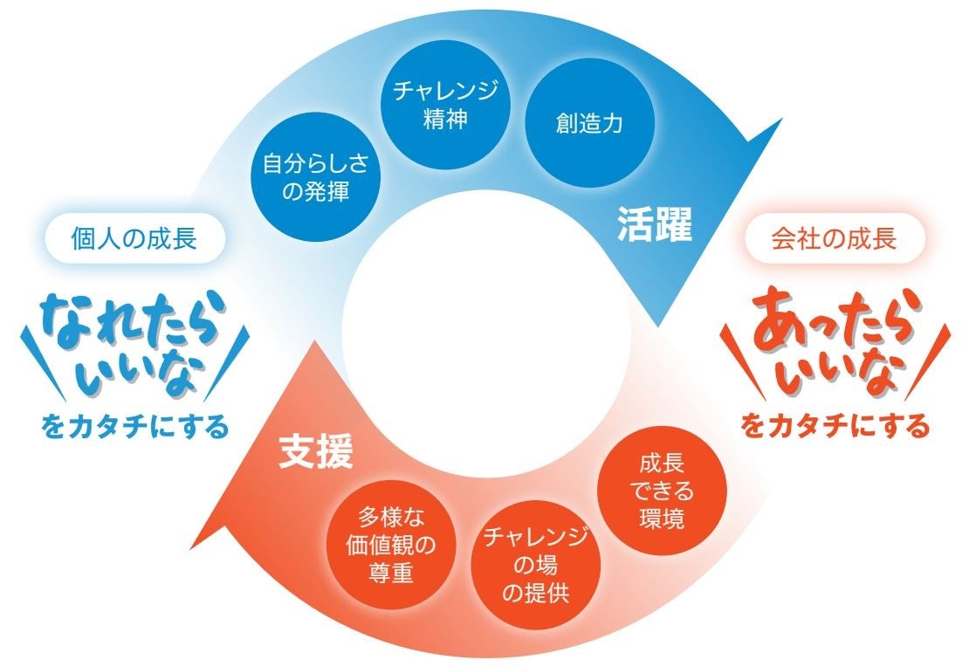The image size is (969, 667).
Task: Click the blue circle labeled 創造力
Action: pos(589,124)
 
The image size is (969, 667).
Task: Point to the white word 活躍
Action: pos(654,224)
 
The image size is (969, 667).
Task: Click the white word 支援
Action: pos(315,453)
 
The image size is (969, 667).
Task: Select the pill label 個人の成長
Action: pos(134,238)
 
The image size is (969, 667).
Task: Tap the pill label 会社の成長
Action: pos(834,238)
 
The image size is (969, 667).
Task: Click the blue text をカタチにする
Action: pos(134,427)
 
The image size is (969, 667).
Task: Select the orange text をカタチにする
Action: pos(835,427)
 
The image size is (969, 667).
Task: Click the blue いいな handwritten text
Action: pos(140,372)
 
